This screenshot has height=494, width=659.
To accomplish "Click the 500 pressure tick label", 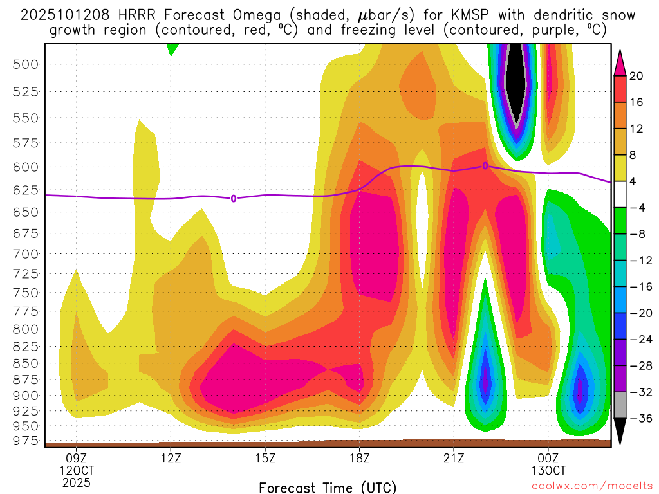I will (25, 64).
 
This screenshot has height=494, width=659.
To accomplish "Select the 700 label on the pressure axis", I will (25, 253).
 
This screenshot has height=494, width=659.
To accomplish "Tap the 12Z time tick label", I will (171, 459).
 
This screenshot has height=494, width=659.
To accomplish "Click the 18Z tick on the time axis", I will (359, 459).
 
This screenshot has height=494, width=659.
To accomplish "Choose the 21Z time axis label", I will (454, 459).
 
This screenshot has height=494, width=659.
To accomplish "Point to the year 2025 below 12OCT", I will (77, 482).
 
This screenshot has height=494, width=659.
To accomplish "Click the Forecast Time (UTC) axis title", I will (328, 487).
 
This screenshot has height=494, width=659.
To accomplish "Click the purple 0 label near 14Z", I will (234, 198).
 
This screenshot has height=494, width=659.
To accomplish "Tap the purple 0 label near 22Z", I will (485, 166).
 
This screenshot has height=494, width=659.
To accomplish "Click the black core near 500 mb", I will (517, 77).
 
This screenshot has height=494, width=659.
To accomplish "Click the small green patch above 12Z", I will (172, 48).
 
